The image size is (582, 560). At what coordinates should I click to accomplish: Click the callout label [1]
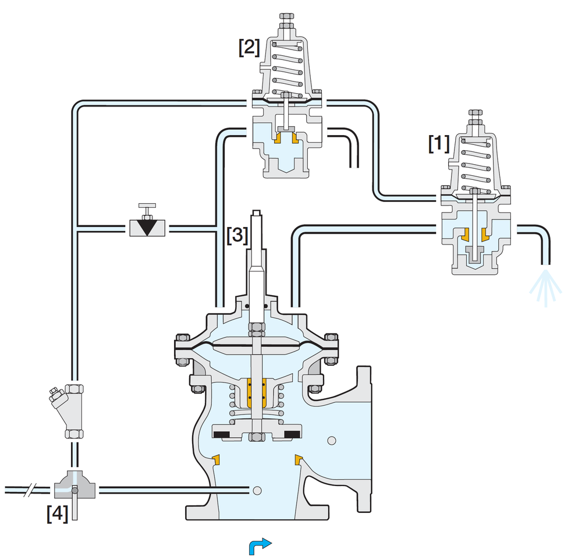tap(439, 144)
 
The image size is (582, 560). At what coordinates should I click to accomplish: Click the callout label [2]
tap(249, 47)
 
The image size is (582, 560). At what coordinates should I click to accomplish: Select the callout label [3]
tap(237, 235)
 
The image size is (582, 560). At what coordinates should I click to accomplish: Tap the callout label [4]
tap(58, 513)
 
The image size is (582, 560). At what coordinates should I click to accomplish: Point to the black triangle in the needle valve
tap(147, 227)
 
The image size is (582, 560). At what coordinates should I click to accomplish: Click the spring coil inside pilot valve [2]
tap(288, 69)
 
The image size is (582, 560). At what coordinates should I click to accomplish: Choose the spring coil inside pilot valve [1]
tap(476, 165)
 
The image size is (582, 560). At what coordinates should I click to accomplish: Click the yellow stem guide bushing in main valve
tap(256, 392)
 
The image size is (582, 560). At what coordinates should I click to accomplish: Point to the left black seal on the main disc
tap(221, 434)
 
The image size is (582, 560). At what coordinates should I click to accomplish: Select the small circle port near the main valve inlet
tap(257, 491)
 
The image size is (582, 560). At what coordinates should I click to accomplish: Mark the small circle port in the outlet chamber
tap(332, 441)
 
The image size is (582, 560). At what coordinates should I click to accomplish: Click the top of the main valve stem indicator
tap(257, 212)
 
